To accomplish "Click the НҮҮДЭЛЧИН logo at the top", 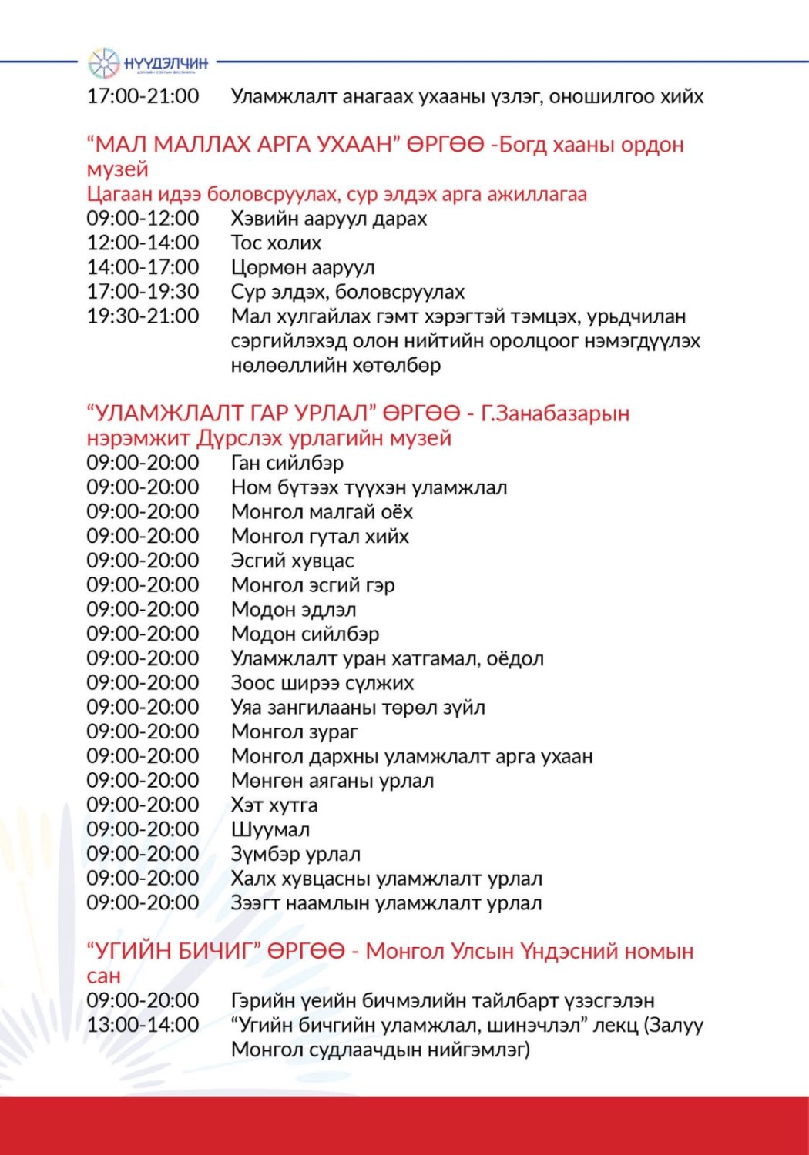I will [x=148, y=63].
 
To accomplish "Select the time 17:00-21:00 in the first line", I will [x=143, y=96].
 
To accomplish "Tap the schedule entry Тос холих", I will [x=276, y=243].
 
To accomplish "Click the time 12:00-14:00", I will [x=143, y=243].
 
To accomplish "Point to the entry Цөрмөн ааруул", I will [x=303, y=268].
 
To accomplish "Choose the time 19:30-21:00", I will [x=143, y=316].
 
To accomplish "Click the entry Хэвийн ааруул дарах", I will [x=328, y=219].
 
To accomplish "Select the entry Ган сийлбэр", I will [x=287, y=464].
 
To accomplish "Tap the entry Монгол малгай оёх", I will [x=321, y=512].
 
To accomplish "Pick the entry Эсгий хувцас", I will [x=292, y=561].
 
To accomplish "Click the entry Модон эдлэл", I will [x=294, y=610].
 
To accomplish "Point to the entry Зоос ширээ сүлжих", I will [x=322, y=683].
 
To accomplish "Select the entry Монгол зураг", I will [x=294, y=731].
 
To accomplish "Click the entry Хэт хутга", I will [x=274, y=805].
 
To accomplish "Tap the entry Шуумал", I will [x=270, y=830].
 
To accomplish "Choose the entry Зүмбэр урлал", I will [x=295, y=855].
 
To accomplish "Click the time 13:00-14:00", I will [x=143, y=1025].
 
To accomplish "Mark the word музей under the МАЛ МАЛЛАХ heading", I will [x=117, y=169].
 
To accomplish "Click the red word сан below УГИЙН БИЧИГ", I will [x=103, y=976].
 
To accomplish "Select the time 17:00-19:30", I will [x=143, y=292].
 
